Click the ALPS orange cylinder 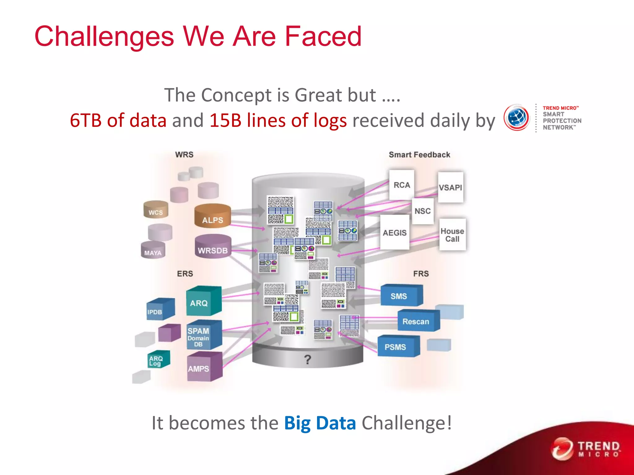pos(212,216)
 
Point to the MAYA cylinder pos(153,250)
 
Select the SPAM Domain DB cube pos(203,336)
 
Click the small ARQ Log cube pos(158,360)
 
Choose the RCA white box pos(402,185)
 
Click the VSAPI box pos(450,187)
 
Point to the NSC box pos(423,211)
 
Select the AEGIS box pos(394,233)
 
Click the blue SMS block pos(401,296)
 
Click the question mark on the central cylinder pos(307,359)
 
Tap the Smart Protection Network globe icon pos(516,118)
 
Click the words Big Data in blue pos(320,423)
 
